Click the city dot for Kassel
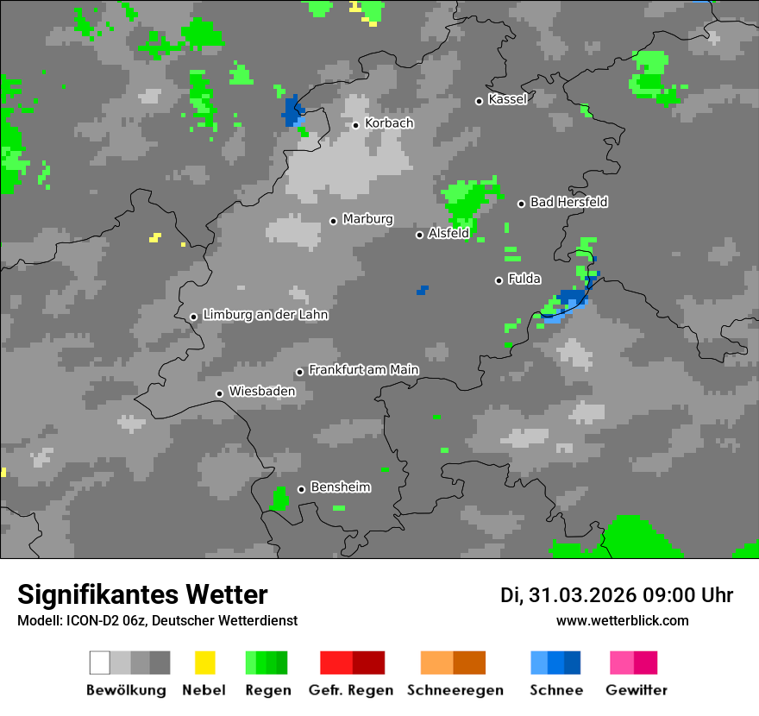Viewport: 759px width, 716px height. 480,101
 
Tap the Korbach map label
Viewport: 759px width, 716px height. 389,123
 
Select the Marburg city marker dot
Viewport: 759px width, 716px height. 333,221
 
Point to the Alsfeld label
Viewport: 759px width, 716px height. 448,233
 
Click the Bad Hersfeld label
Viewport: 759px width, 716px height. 568,202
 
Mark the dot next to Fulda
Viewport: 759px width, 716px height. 499,280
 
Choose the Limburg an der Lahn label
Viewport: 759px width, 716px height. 265,315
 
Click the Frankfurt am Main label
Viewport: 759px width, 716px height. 363,370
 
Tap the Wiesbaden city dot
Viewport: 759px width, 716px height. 220,393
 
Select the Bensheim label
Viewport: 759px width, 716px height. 340,487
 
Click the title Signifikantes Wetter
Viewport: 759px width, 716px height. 142,594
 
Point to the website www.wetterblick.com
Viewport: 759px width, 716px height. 622,620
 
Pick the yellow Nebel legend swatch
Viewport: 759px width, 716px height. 204,663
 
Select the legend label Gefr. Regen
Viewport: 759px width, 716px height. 351,690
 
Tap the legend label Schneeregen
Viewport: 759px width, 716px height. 455,690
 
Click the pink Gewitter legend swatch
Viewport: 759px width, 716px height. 622,663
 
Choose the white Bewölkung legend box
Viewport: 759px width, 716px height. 99,663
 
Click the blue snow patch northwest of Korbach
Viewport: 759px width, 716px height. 293,111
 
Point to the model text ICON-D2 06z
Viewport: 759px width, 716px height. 104,621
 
